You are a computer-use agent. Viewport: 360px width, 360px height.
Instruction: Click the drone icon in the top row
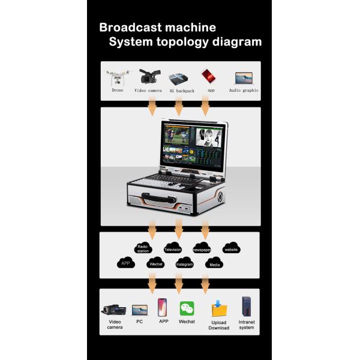pos(118,77)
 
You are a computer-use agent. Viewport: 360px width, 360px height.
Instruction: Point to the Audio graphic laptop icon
pos(244,78)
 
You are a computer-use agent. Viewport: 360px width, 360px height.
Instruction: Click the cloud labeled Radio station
pos(143,248)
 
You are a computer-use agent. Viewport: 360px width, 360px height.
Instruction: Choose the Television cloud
pos(173,248)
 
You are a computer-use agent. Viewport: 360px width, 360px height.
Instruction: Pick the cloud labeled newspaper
pos(202,248)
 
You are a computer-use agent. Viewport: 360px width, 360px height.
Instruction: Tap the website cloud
pos(232,248)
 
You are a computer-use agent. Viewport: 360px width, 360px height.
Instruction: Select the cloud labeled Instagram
pos(184,263)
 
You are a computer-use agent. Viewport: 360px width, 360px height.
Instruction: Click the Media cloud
pos(214,263)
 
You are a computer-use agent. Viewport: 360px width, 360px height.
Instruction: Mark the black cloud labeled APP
pos(125,263)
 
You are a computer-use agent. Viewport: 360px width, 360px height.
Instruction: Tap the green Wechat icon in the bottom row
pos(187,309)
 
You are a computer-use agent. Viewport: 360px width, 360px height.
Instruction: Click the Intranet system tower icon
pos(246,307)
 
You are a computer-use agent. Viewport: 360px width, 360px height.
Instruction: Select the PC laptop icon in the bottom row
pos(140,310)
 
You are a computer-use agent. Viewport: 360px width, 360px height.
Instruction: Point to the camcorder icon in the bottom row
pos(114,310)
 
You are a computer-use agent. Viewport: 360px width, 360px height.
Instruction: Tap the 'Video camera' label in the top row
pos(148,90)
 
